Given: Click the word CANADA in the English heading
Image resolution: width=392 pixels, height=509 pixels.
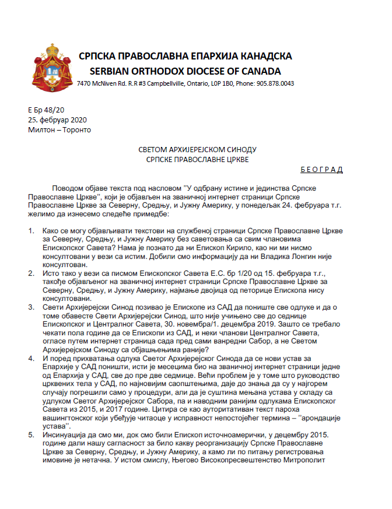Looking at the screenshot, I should pyautogui.click(x=259, y=71).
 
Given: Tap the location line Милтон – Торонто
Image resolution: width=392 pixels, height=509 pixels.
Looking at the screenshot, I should pyautogui.click(x=60, y=129).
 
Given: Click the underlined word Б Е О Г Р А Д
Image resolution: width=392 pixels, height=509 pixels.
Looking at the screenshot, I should pyautogui.click(x=321, y=170).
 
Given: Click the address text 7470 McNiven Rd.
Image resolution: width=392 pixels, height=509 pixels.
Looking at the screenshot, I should pyautogui.click(x=102, y=84).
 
